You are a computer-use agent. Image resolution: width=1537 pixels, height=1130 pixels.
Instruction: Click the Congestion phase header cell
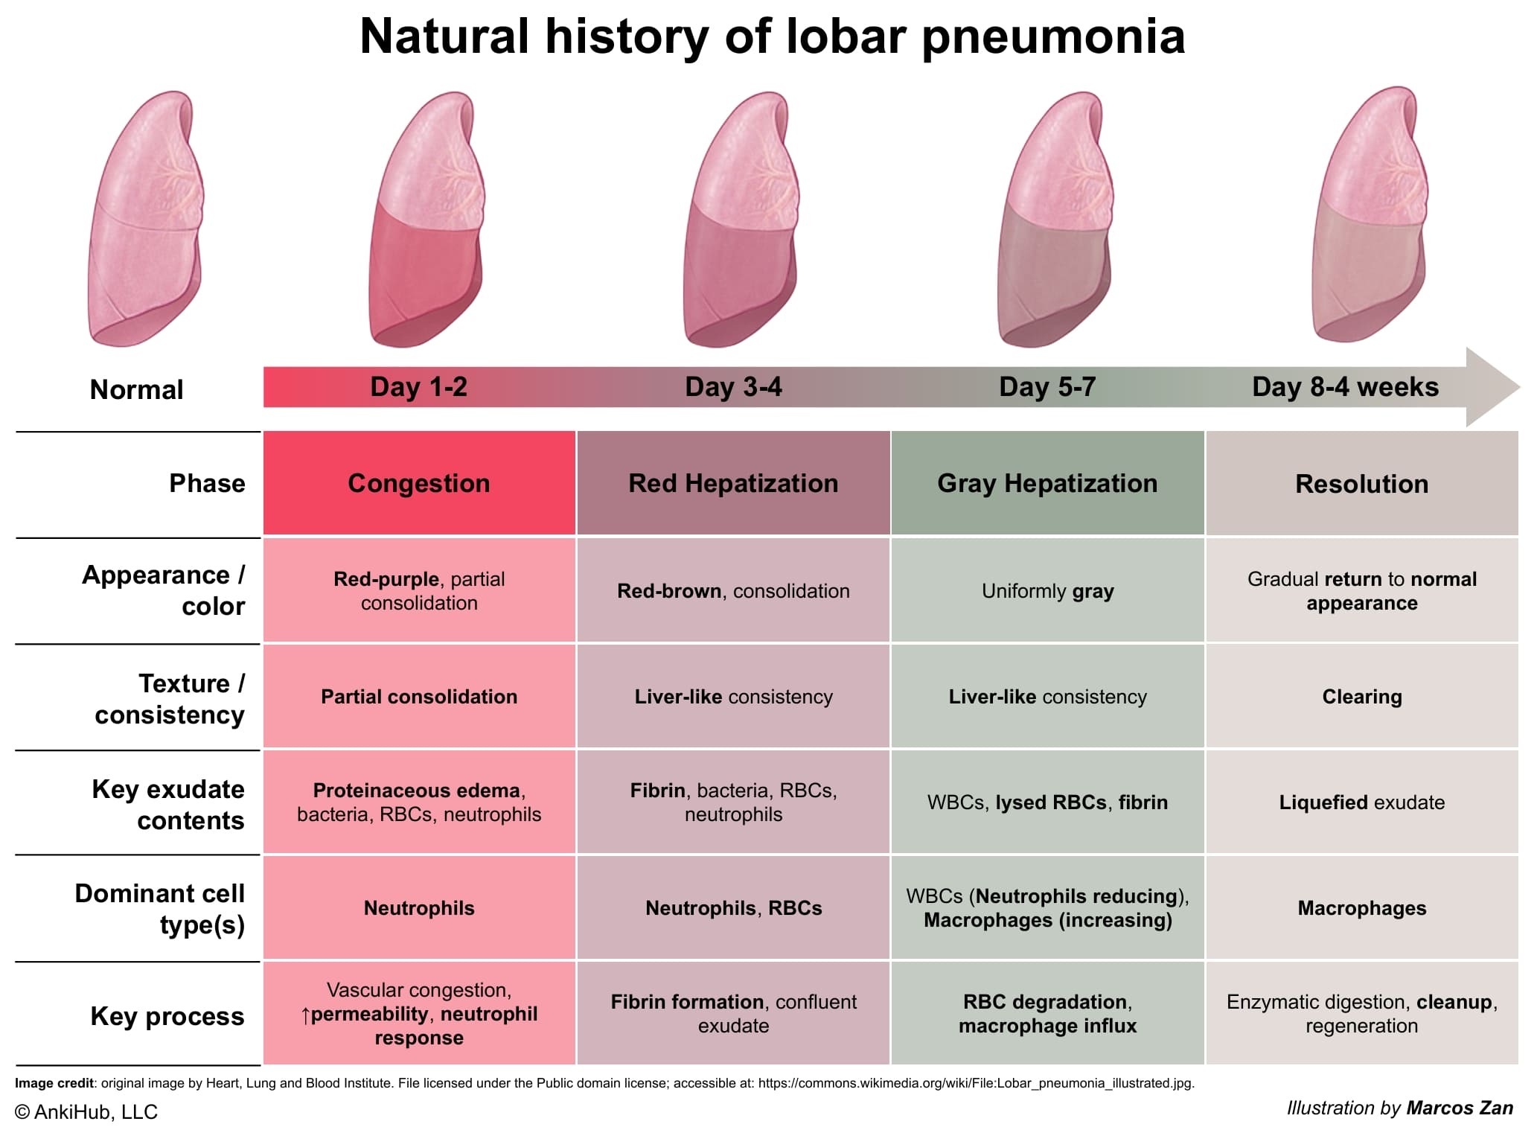(419, 483)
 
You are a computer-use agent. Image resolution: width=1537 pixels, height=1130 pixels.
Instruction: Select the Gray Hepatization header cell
(1047, 483)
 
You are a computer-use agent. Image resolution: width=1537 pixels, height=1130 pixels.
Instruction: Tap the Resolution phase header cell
(1362, 483)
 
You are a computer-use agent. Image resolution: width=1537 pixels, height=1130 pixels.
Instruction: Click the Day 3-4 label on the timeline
(733, 387)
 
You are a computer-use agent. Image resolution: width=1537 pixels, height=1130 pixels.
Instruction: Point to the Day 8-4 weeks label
(1345, 387)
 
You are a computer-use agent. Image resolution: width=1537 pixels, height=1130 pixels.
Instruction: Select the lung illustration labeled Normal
(144, 218)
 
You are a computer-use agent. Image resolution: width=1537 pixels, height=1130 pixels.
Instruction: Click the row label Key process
(167, 1016)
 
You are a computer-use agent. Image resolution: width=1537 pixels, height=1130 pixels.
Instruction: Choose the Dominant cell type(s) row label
(160, 909)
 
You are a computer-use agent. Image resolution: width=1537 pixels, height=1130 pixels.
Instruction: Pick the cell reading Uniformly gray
(1047, 590)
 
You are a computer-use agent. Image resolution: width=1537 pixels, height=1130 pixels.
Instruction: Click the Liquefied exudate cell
(1362, 802)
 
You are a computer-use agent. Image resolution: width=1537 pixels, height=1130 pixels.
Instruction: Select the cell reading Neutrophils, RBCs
(733, 907)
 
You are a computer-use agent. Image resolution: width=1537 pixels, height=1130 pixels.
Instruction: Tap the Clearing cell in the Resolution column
(1362, 696)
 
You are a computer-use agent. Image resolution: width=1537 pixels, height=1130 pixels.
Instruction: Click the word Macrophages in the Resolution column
(1362, 908)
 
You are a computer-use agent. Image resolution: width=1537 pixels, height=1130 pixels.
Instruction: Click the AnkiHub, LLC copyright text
(86, 1111)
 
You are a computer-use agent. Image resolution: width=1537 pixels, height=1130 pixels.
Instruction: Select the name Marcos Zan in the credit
(1460, 1108)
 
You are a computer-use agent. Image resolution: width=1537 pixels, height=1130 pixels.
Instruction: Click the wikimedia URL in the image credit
(976, 1083)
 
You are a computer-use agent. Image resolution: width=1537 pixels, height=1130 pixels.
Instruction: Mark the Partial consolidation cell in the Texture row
(419, 696)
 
